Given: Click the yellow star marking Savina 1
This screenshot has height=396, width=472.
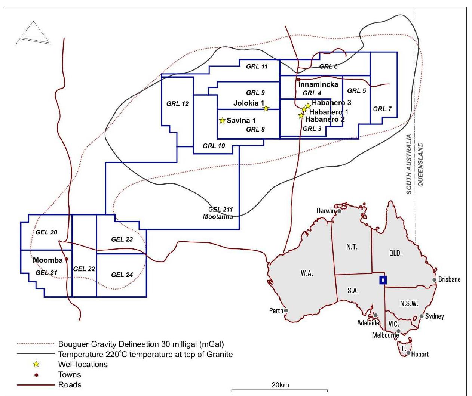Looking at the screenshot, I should [222, 121].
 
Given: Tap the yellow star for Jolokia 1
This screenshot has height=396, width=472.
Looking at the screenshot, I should [266, 108].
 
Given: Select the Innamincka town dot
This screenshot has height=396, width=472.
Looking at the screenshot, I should [298, 80].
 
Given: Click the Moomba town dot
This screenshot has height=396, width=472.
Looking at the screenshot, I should [67, 259].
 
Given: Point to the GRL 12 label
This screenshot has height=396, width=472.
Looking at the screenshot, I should [177, 104].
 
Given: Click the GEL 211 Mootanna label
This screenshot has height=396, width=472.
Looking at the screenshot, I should [220, 213].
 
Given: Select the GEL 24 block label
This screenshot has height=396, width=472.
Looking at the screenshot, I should [122, 275].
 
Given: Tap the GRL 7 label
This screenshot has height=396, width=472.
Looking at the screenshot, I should [382, 109].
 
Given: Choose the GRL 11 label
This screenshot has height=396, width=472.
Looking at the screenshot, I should [257, 67].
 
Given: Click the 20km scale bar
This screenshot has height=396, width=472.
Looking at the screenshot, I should [279, 390].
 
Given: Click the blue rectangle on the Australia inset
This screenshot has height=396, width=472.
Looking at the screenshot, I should [383, 280].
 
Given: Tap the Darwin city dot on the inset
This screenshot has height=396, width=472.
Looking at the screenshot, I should [339, 211].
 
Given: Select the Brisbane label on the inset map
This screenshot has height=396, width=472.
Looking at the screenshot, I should [449, 279].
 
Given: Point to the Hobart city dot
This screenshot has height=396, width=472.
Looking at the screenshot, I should [409, 353].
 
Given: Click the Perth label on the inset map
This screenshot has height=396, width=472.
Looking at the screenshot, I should [276, 310].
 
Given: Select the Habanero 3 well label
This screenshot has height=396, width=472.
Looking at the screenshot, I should [331, 103].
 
